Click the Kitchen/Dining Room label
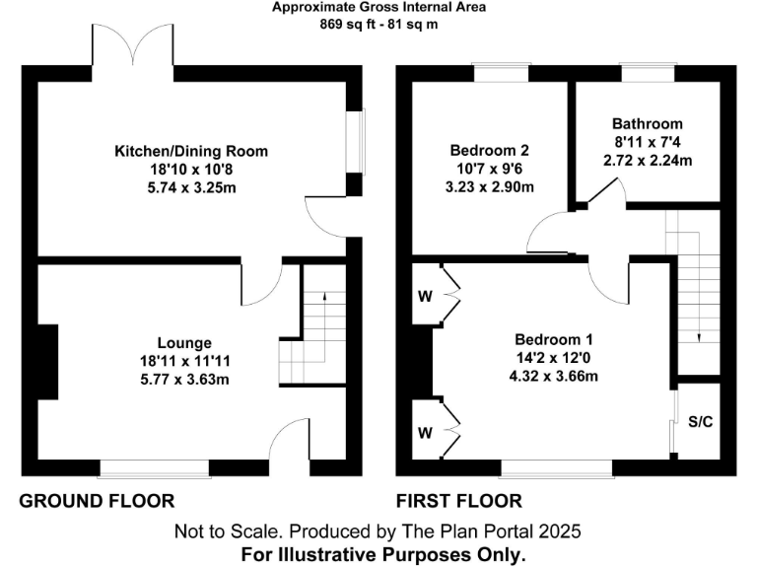[191, 151]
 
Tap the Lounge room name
[185, 342]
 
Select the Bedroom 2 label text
[490, 151]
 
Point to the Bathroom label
[647, 124]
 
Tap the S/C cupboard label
[700, 421]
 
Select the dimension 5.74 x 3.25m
[191, 186]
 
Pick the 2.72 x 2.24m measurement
[647, 160]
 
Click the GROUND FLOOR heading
[98, 501]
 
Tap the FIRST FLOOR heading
[459, 501]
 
